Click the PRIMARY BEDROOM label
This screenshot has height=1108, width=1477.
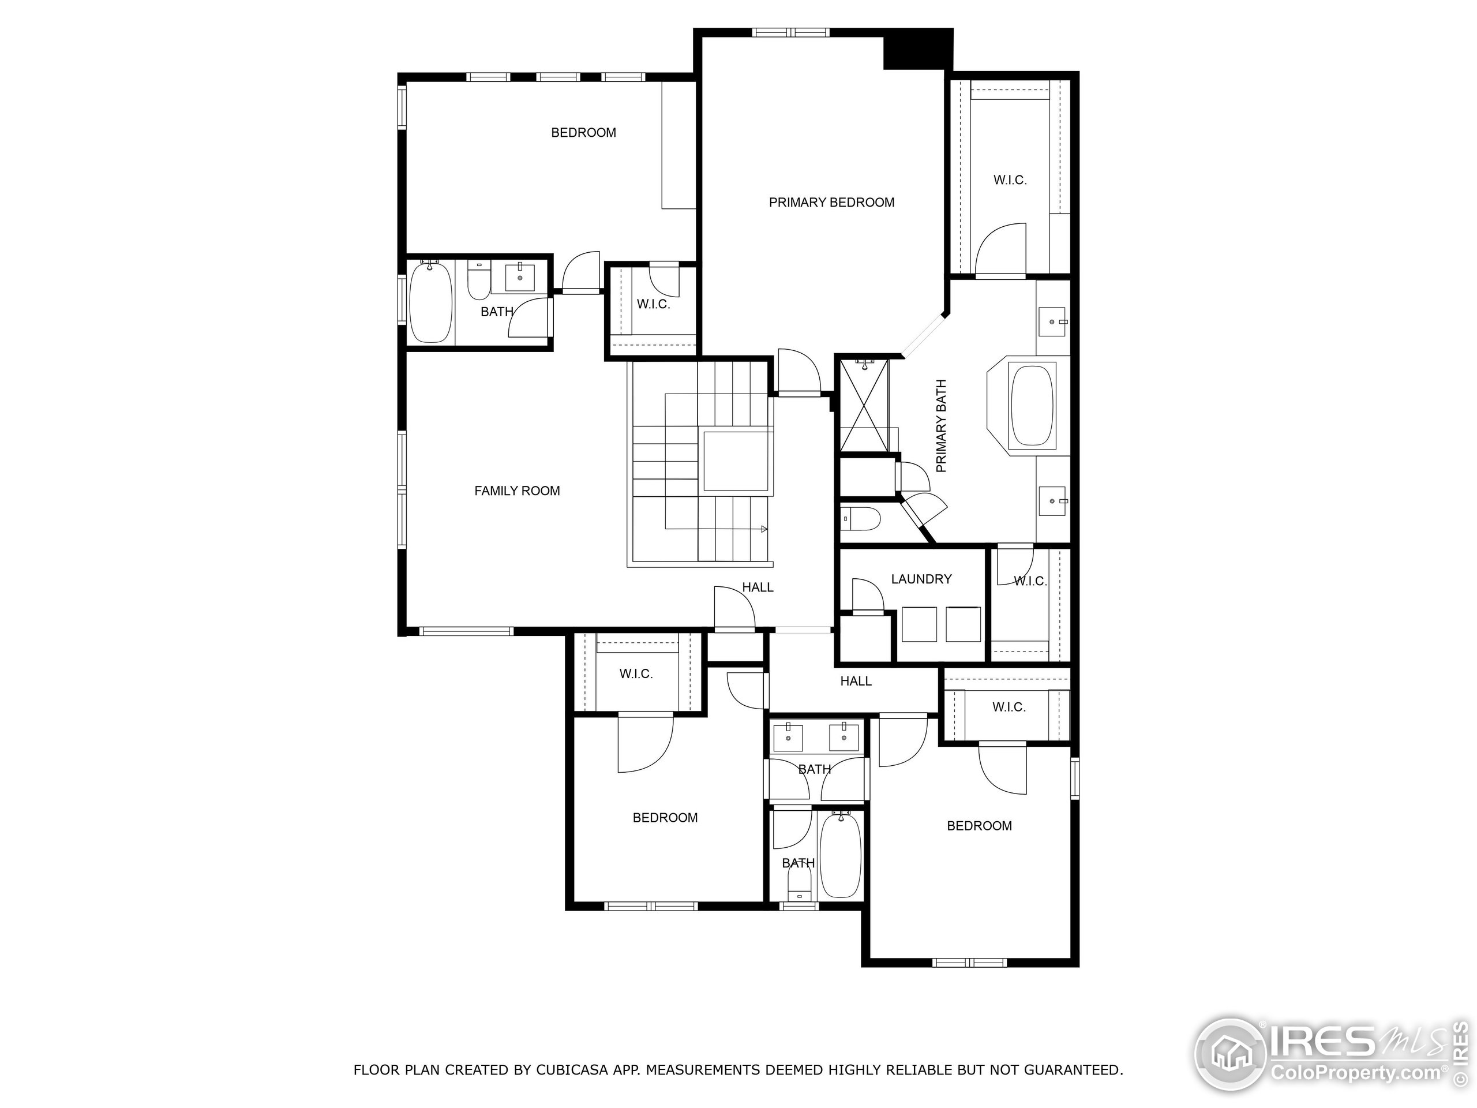click(831, 203)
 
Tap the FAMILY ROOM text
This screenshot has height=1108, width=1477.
click(517, 491)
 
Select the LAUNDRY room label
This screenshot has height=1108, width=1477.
click(921, 579)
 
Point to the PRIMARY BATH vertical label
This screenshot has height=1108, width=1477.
click(942, 426)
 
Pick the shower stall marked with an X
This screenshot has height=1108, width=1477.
click(864, 405)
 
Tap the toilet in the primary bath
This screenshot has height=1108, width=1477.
click(859, 518)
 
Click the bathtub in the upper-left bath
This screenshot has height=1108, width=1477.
click(430, 302)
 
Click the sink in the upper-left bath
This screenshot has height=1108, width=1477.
click(519, 277)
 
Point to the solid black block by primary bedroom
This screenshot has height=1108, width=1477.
click(917, 48)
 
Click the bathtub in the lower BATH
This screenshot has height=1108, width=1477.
click(841, 856)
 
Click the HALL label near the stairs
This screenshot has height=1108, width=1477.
click(758, 587)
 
